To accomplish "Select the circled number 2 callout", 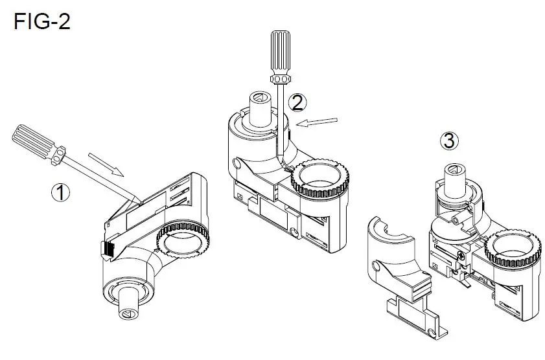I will point(297,101).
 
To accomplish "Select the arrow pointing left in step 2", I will point(319,121).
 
